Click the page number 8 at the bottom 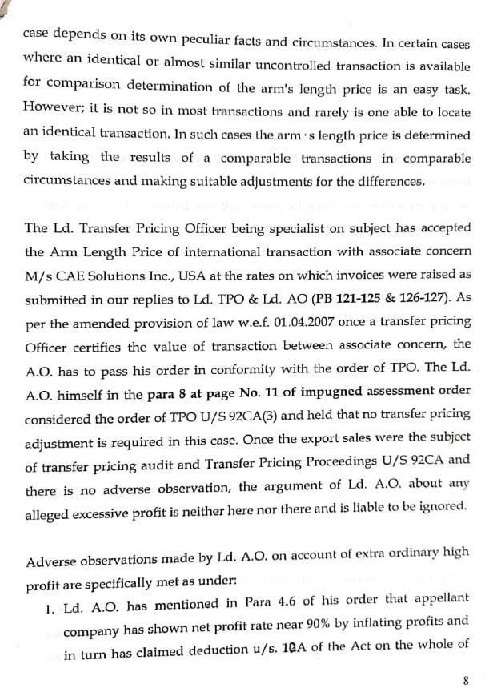pyautogui.click(x=465, y=681)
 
